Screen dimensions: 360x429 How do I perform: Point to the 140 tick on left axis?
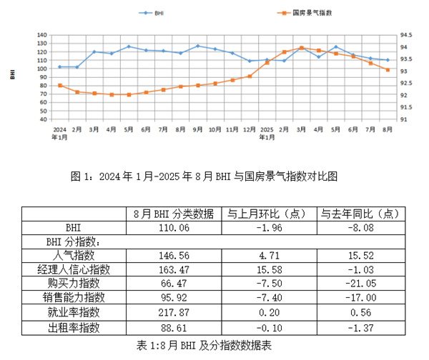click(x=42, y=35)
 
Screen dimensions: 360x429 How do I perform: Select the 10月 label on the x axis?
click(x=214, y=130)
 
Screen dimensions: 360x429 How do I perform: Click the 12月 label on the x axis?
click(x=250, y=130)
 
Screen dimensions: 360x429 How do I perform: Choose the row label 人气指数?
click(x=63, y=255)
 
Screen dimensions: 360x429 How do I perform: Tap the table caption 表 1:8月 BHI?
click(x=214, y=344)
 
